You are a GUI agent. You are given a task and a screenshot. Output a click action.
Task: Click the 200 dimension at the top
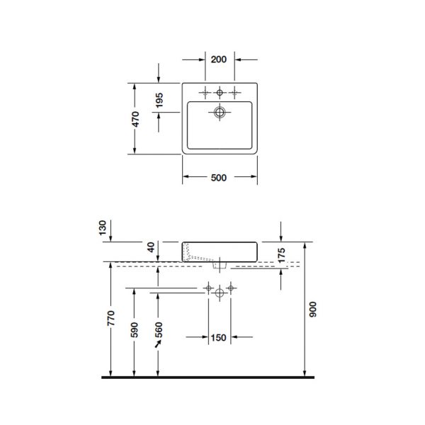tap(219, 59)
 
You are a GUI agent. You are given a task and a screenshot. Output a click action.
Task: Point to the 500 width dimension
tap(219, 178)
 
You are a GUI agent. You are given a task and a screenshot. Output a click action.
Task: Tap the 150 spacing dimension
tap(219, 337)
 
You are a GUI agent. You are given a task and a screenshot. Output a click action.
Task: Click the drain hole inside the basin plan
tap(220, 112)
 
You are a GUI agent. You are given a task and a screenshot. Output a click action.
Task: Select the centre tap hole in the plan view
tap(220, 93)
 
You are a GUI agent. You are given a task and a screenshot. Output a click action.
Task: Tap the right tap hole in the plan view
tap(233, 93)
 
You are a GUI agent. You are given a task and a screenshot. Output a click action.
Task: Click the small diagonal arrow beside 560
tap(159, 343)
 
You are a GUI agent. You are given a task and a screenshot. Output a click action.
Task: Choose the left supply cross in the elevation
tap(208, 288)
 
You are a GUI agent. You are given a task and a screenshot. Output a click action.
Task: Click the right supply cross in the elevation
tap(232, 288)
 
